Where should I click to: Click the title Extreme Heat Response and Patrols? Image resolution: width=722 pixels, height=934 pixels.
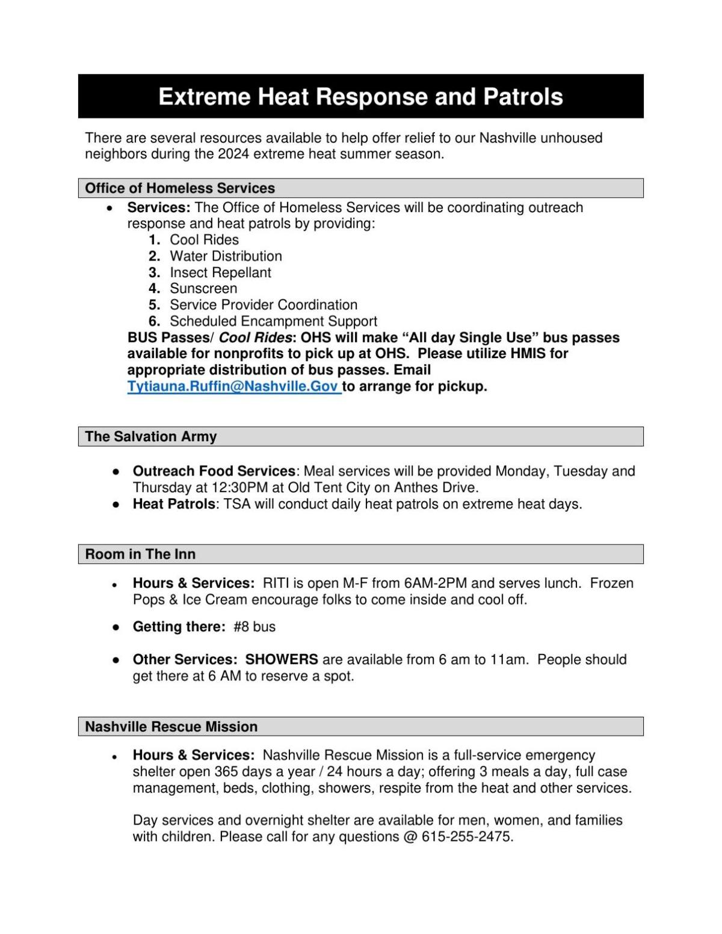point(360,97)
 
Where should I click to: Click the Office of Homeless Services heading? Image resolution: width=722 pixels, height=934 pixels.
point(180,188)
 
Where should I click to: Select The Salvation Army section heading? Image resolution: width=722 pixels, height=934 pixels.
point(150,436)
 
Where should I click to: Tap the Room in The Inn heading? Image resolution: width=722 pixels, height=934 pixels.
point(140,554)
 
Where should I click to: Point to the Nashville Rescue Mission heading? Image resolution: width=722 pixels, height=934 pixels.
point(171,727)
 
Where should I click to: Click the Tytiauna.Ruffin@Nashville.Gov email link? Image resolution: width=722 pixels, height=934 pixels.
point(233,386)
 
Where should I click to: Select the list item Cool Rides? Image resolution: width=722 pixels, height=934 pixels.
point(204,240)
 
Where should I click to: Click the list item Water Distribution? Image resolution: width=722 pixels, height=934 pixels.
point(226,256)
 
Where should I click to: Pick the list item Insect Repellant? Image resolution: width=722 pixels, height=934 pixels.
point(220,272)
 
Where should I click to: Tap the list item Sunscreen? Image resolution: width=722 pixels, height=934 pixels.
point(203,288)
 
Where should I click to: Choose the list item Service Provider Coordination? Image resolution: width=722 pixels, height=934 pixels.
point(263,305)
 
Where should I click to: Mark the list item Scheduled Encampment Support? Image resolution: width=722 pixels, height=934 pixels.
point(273,321)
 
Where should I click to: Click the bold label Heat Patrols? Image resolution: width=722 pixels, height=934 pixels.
point(173,504)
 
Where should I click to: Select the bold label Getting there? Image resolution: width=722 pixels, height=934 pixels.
point(179,627)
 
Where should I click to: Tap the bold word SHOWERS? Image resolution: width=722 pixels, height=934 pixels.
point(282,659)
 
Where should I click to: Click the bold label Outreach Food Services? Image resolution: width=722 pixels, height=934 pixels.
point(214,471)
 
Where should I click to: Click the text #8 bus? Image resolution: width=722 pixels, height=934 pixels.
point(255,627)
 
